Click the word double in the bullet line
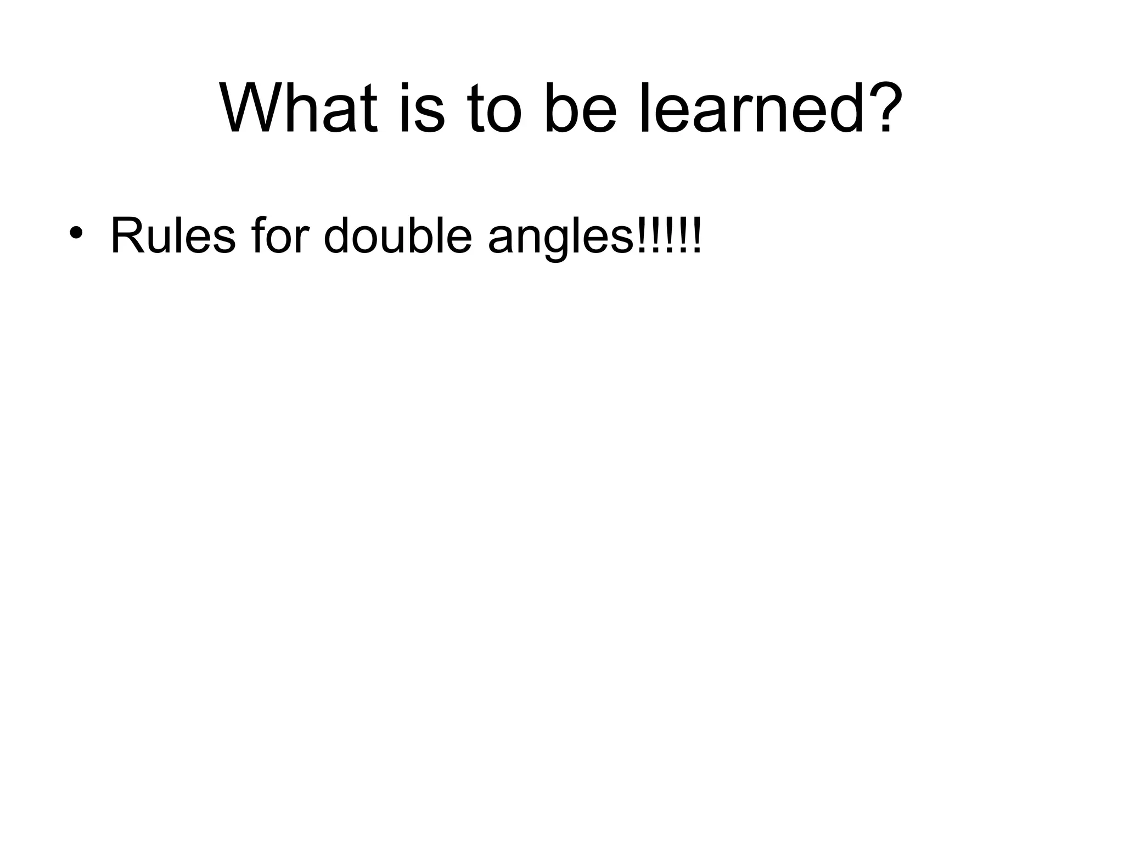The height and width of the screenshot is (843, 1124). point(398,236)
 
